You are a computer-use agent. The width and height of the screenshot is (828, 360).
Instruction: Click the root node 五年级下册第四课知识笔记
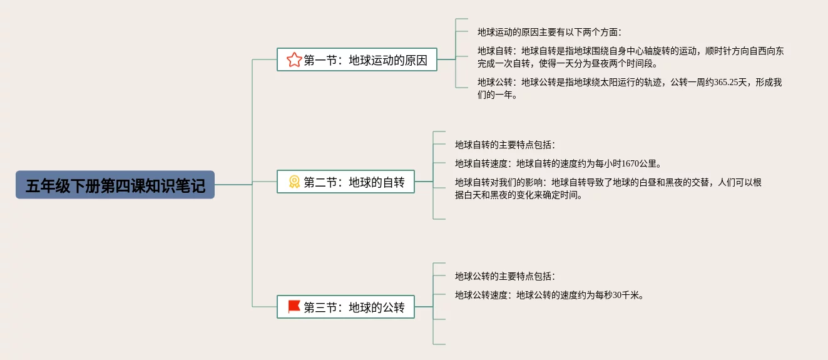(115, 185)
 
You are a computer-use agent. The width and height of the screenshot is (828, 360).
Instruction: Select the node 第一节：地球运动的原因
(357, 60)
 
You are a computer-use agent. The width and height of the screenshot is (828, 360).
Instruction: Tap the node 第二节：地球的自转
(345, 182)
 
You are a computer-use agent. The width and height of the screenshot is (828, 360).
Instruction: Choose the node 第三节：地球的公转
(345, 307)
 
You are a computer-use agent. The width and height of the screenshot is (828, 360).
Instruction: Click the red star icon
(294, 60)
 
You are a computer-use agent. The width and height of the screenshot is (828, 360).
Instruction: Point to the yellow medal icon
(294, 182)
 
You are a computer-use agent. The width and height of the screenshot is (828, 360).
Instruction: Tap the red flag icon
(294, 307)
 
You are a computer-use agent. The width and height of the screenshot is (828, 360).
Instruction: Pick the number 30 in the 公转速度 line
(618, 295)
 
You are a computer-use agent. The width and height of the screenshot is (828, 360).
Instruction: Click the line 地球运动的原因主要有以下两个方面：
(549, 32)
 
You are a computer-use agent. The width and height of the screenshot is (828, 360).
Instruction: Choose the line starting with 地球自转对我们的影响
(608, 183)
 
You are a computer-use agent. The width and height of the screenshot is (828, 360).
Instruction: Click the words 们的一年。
(498, 95)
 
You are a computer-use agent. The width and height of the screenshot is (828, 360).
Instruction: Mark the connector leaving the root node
(233, 185)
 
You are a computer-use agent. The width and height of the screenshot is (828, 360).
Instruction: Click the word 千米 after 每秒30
(632, 295)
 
